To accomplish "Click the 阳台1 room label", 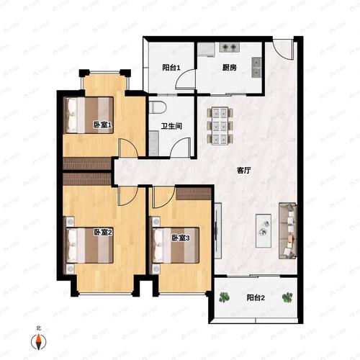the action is tap(171, 68).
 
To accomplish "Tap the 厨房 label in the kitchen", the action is tap(230, 68).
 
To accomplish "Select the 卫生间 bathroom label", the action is tap(171, 126).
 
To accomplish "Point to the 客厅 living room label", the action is tap(244, 171).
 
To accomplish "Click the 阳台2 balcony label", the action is tap(256, 298).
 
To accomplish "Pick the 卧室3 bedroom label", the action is tap(181, 238).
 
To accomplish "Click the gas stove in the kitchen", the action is tap(229, 48).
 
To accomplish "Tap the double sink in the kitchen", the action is tap(256, 67).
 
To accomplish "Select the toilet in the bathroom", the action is tap(157, 107).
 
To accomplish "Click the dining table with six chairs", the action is tap(220, 126).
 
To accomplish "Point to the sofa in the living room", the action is tap(288, 231).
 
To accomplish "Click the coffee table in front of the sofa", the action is tap(264, 231).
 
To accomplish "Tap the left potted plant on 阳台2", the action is tap(224, 297).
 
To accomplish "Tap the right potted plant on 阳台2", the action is tap(287, 297).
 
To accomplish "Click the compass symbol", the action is tap(39, 341).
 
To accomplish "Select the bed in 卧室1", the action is tap(89, 115).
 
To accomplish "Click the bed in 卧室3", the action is tap(175, 246).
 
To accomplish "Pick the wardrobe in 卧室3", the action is tap(194, 194).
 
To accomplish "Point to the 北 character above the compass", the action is tap(38, 328).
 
